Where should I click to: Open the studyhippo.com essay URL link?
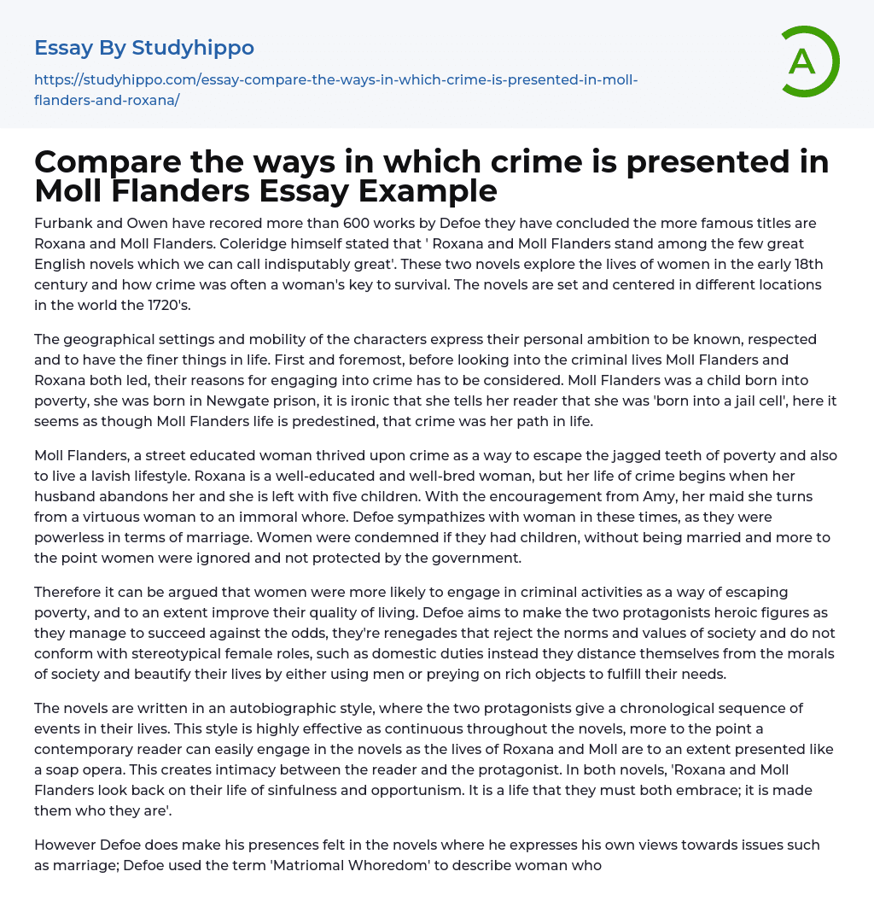tap(335, 90)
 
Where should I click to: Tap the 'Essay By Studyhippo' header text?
tap(144, 48)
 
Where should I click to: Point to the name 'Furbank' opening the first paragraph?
tap(62, 223)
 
